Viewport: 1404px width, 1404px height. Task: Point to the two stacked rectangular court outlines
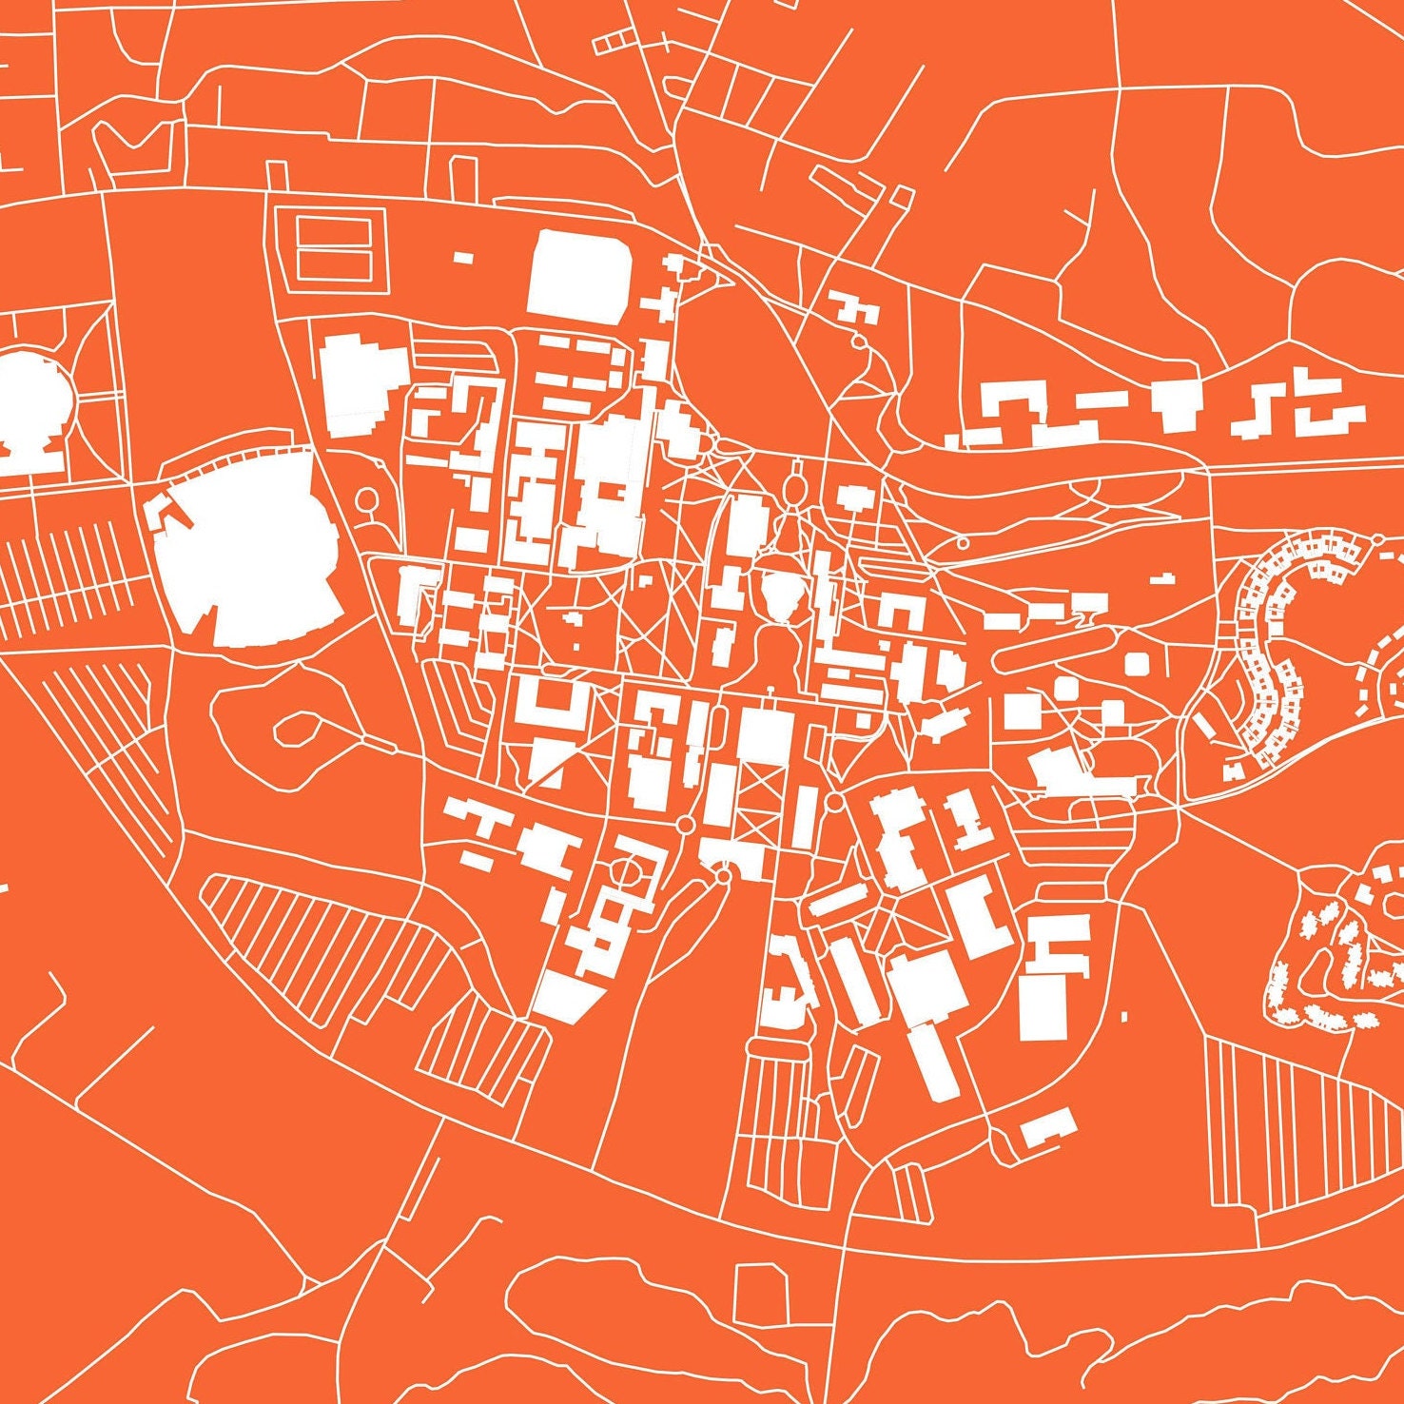333,247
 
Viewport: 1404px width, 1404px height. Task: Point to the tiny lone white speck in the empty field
1123,1017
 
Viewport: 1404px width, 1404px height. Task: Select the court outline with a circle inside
628,869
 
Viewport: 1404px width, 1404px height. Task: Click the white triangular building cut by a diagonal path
547,767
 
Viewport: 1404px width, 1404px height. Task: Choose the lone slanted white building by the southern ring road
1048,1126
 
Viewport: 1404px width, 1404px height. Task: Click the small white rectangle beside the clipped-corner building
463,257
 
